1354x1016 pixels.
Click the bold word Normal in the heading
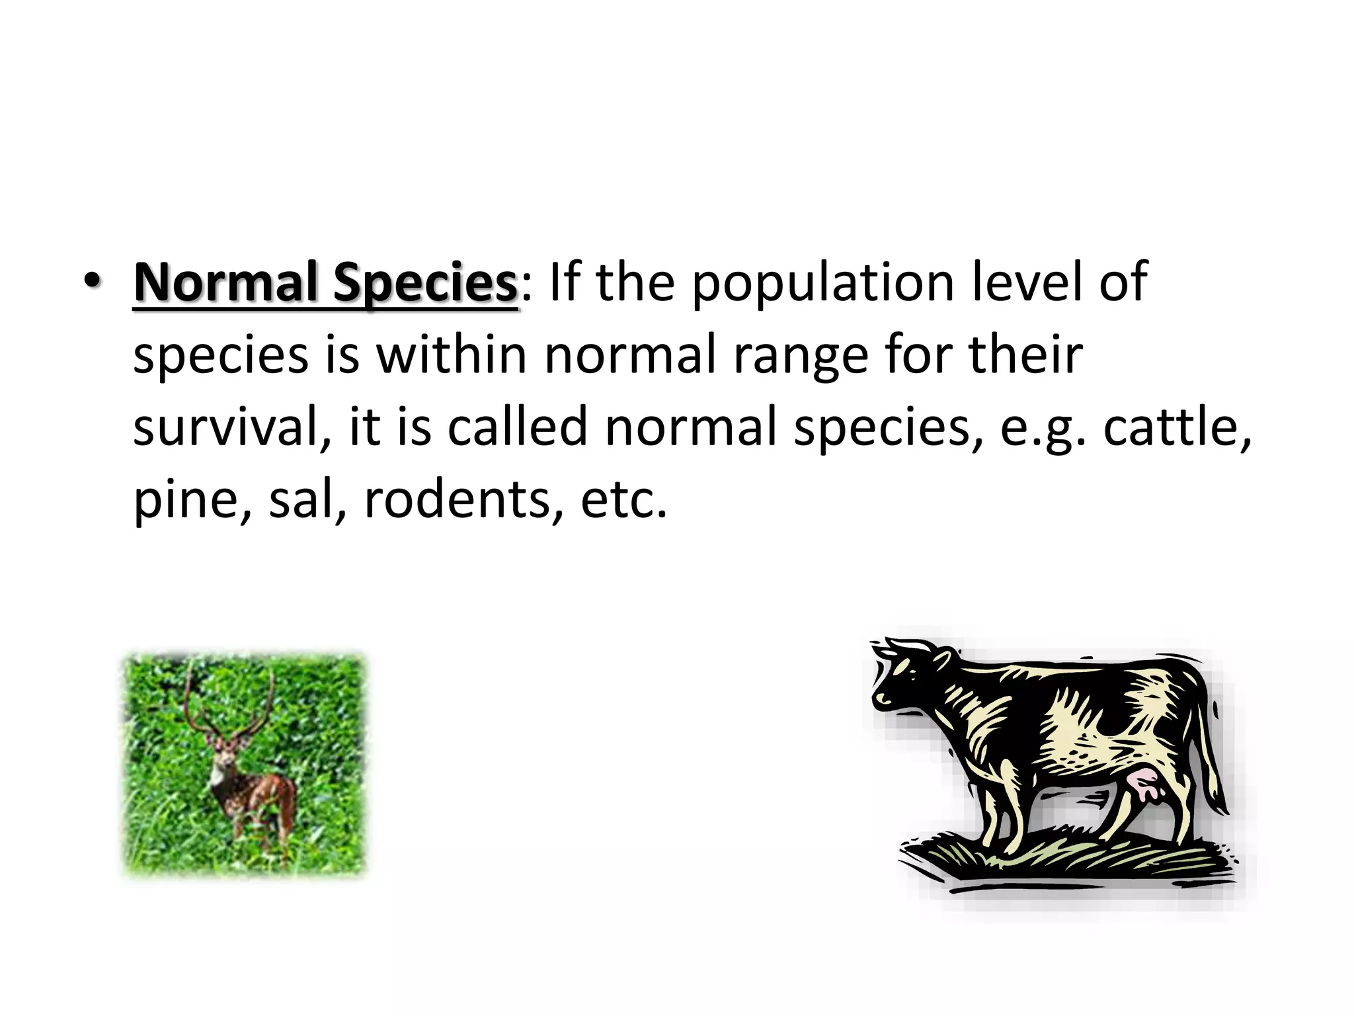(225, 282)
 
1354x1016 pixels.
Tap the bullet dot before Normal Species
(93, 282)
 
